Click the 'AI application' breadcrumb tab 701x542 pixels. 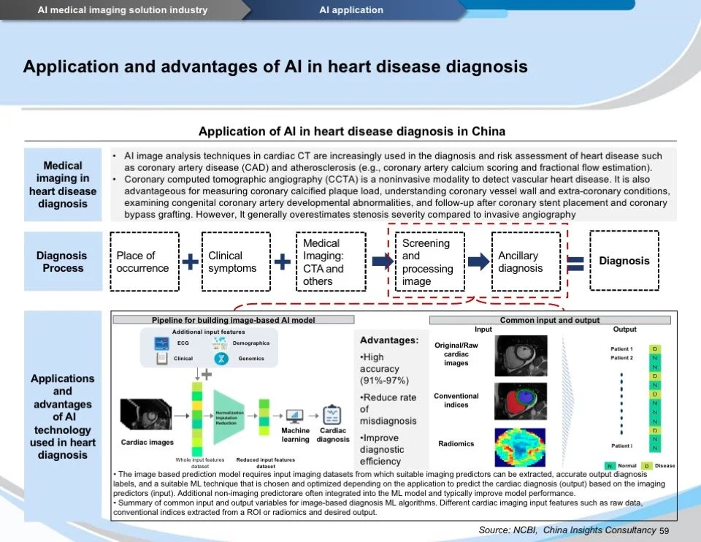click(x=350, y=10)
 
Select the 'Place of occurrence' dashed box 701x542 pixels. click(x=143, y=262)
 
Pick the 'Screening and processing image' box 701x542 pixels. click(x=429, y=262)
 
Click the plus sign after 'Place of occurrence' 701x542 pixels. click(x=190, y=262)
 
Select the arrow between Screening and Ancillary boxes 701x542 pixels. click(x=478, y=262)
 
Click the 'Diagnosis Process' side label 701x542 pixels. click(x=61, y=262)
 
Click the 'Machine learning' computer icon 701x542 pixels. click(x=296, y=416)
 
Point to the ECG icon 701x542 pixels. click(x=162, y=343)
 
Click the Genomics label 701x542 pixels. click(x=251, y=359)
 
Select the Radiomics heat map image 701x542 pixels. click(x=520, y=446)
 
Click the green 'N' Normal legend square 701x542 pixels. click(x=610, y=465)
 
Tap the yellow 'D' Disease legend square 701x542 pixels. click(x=647, y=465)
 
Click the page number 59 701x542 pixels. click(x=664, y=530)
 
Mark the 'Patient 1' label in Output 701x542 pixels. click(x=621, y=349)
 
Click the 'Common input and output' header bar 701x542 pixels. click(x=549, y=320)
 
